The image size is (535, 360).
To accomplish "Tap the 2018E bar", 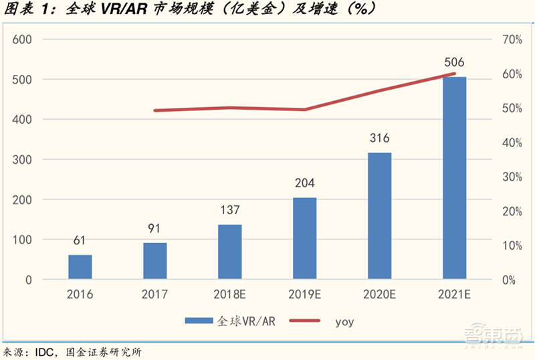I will [x=230, y=252].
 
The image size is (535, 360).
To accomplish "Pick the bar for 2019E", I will [x=305, y=238].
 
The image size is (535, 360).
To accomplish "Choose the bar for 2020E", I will [x=380, y=215].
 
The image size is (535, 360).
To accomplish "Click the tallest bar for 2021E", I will [x=454, y=178].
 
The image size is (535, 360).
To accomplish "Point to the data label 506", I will [x=454, y=63].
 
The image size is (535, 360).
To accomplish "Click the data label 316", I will [x=380, y=139].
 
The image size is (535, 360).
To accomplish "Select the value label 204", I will [x=305, y=183].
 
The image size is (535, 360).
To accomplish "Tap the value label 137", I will [x=230, y=210].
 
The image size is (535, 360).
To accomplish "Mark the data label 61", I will [x=80, y=241].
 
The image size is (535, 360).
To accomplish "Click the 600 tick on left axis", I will [x=23, y=39].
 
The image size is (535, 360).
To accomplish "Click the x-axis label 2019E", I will [x=305, y=294].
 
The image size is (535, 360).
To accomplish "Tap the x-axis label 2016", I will [x=80, y=294].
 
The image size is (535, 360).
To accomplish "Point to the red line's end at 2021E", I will [x=455, y=74].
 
